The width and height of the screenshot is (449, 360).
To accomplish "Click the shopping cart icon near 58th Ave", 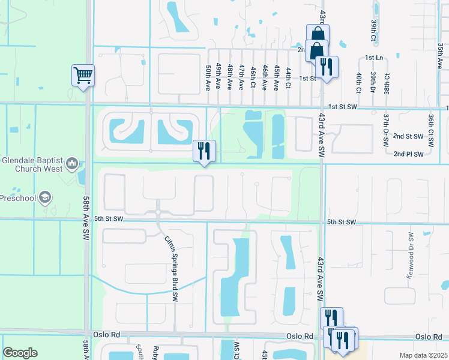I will tap(83, 76).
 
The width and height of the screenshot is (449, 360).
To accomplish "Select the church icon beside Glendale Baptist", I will tap(72, 163).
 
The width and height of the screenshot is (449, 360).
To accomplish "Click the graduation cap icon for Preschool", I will tap(44, 197).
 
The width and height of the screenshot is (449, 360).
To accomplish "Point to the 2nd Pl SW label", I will tap(408, 154).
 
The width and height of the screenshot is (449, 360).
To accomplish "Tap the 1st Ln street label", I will tap(374, 58).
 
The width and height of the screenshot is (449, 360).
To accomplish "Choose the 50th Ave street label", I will tap(208, 77).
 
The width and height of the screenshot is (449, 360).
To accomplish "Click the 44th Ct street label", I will tap(288, 78).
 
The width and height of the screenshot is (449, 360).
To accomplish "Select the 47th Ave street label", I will tap(241, 77).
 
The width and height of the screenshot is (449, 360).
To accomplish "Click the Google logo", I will tap(20, 352).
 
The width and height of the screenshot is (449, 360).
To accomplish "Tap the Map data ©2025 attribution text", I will tap(423, 355).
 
